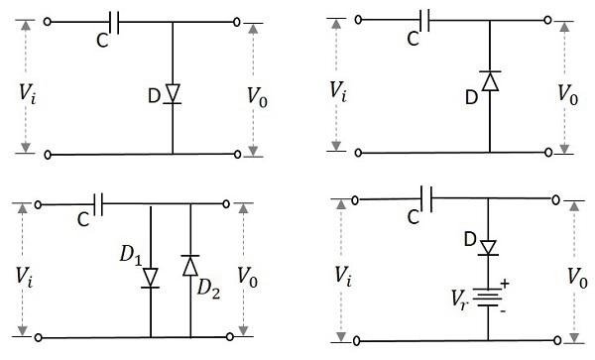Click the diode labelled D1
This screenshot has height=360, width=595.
click(x=151, y=277)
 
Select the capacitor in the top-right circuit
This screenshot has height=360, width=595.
click(x=426, y=19)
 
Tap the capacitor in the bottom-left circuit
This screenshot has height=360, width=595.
click(x=97, y=205)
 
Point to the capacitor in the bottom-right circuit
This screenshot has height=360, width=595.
click(x=428, y=198)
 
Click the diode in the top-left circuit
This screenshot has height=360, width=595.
click(x=173, y=94)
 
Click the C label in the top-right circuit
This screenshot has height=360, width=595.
click(x=414, y=39)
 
